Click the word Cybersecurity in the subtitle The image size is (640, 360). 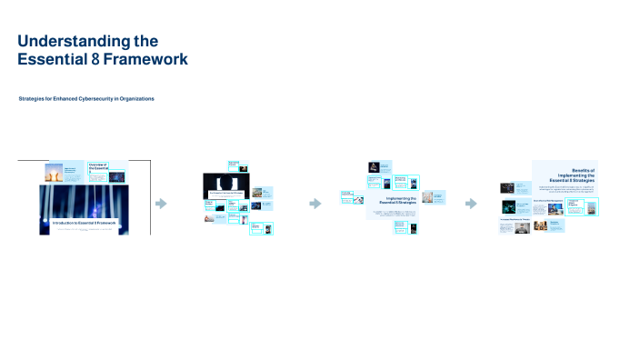pos(94,98)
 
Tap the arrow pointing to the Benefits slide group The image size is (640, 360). pos(470,204)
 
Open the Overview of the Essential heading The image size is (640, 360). pos(97,168)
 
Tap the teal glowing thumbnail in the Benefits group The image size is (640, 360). pos(508,188)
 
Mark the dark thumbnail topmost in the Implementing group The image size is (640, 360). pos(373,167)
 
